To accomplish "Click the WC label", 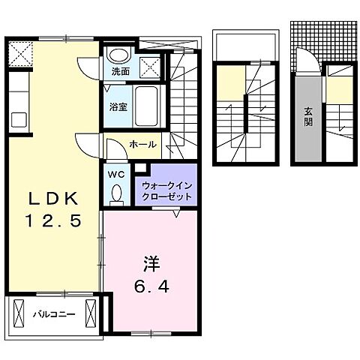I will (116, 175).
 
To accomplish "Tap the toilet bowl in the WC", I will (116, 194).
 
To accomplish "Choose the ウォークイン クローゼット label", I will (166, 190).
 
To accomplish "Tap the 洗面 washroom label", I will (120, 72).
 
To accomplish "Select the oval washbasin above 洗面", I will (116, 55).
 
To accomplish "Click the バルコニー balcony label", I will (53, 314).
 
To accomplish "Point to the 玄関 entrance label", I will (308, 117).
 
